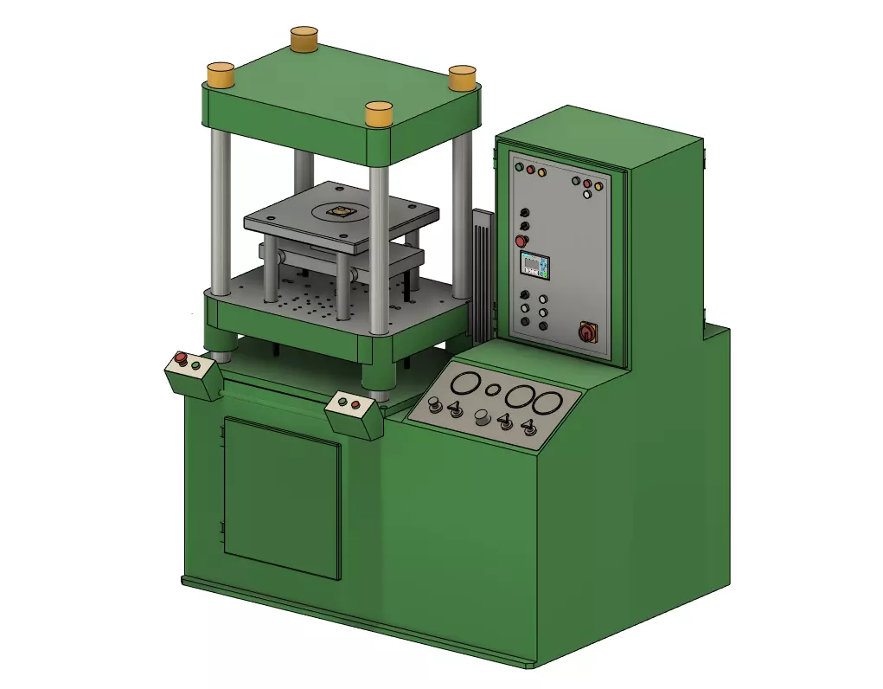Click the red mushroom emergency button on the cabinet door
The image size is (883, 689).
point(521,241)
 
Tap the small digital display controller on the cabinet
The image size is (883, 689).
point(534,265)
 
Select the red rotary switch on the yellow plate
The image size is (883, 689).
point(588,331)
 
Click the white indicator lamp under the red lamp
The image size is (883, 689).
point(587,195)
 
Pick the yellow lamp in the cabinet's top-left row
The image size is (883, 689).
point(541,172)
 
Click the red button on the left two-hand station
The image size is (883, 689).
point(181,357)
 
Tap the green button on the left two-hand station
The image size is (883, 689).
point(195,365)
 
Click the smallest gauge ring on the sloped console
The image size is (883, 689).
point(493,390)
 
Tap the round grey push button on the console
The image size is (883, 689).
point(482,419)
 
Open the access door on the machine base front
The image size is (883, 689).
point(282,499)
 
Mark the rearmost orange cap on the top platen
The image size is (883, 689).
point(304,38)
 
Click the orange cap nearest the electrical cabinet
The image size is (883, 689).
point(463,78)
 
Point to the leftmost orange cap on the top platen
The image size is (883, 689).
point(221,74)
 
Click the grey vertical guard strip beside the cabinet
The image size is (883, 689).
point(482,277)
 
